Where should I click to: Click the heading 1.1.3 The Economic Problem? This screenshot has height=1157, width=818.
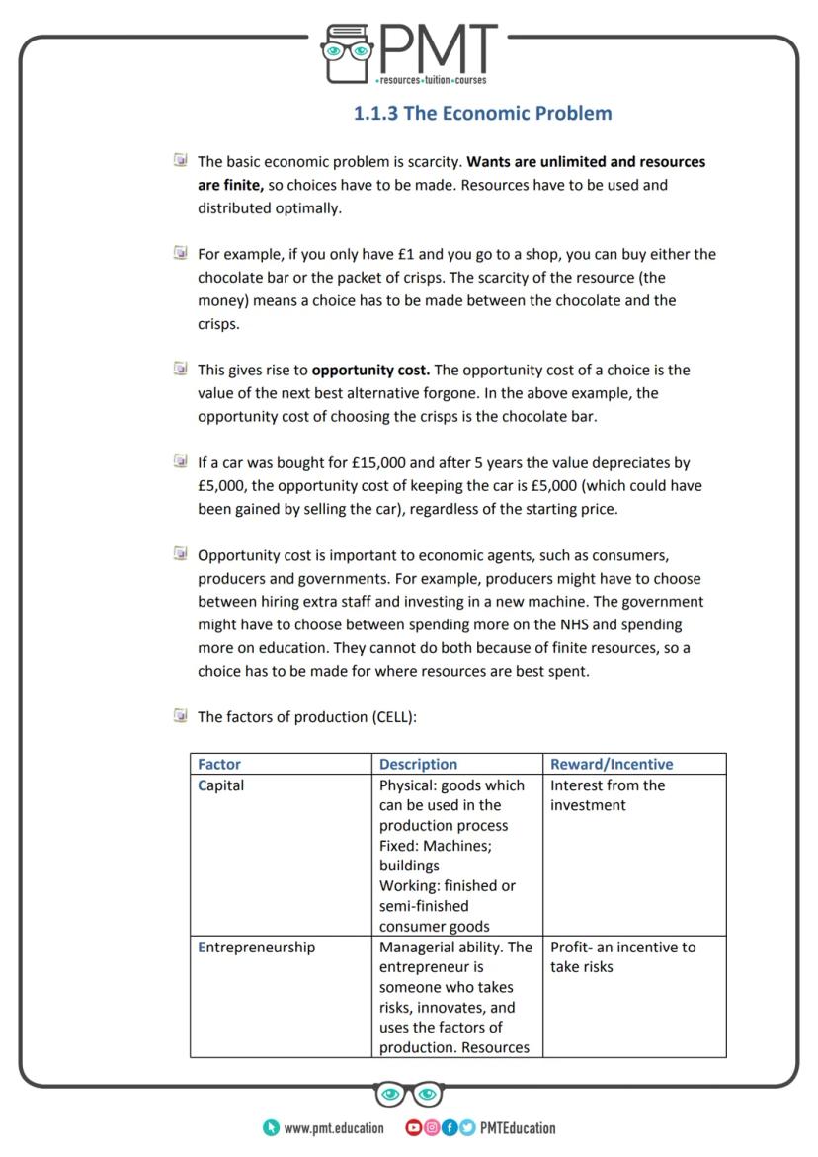coord(482,113)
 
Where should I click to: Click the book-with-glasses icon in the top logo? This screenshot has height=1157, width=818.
coord(346,53)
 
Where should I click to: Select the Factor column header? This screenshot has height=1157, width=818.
coord(219,764)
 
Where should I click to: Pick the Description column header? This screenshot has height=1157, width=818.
coord(418,764)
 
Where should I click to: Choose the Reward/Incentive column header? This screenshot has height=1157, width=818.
coord(611,764)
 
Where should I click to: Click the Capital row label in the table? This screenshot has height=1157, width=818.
coord(221,785)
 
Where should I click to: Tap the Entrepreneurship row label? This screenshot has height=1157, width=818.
coord(257,947)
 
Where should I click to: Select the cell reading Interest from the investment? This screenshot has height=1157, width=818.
coord(608,795)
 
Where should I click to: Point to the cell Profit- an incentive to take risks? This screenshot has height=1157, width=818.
coord(622,956)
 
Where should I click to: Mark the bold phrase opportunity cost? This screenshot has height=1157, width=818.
coord(370,371)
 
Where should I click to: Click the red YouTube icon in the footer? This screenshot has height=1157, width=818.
coord(413,1127)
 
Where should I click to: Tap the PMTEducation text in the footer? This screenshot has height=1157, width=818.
coord(518,1128)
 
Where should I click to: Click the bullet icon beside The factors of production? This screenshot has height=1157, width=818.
coord(180,716)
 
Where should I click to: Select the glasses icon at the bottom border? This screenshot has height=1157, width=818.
coord(409,1094)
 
